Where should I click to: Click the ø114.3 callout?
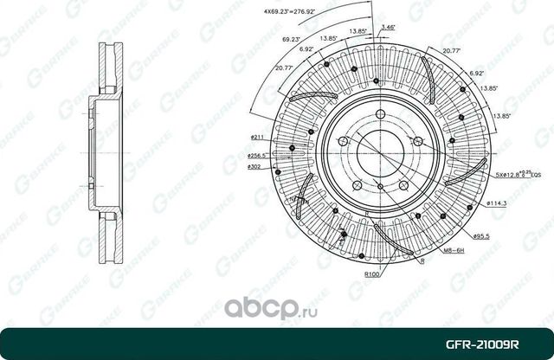tap(495, 202)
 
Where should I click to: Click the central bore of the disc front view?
tap(372, 152)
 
